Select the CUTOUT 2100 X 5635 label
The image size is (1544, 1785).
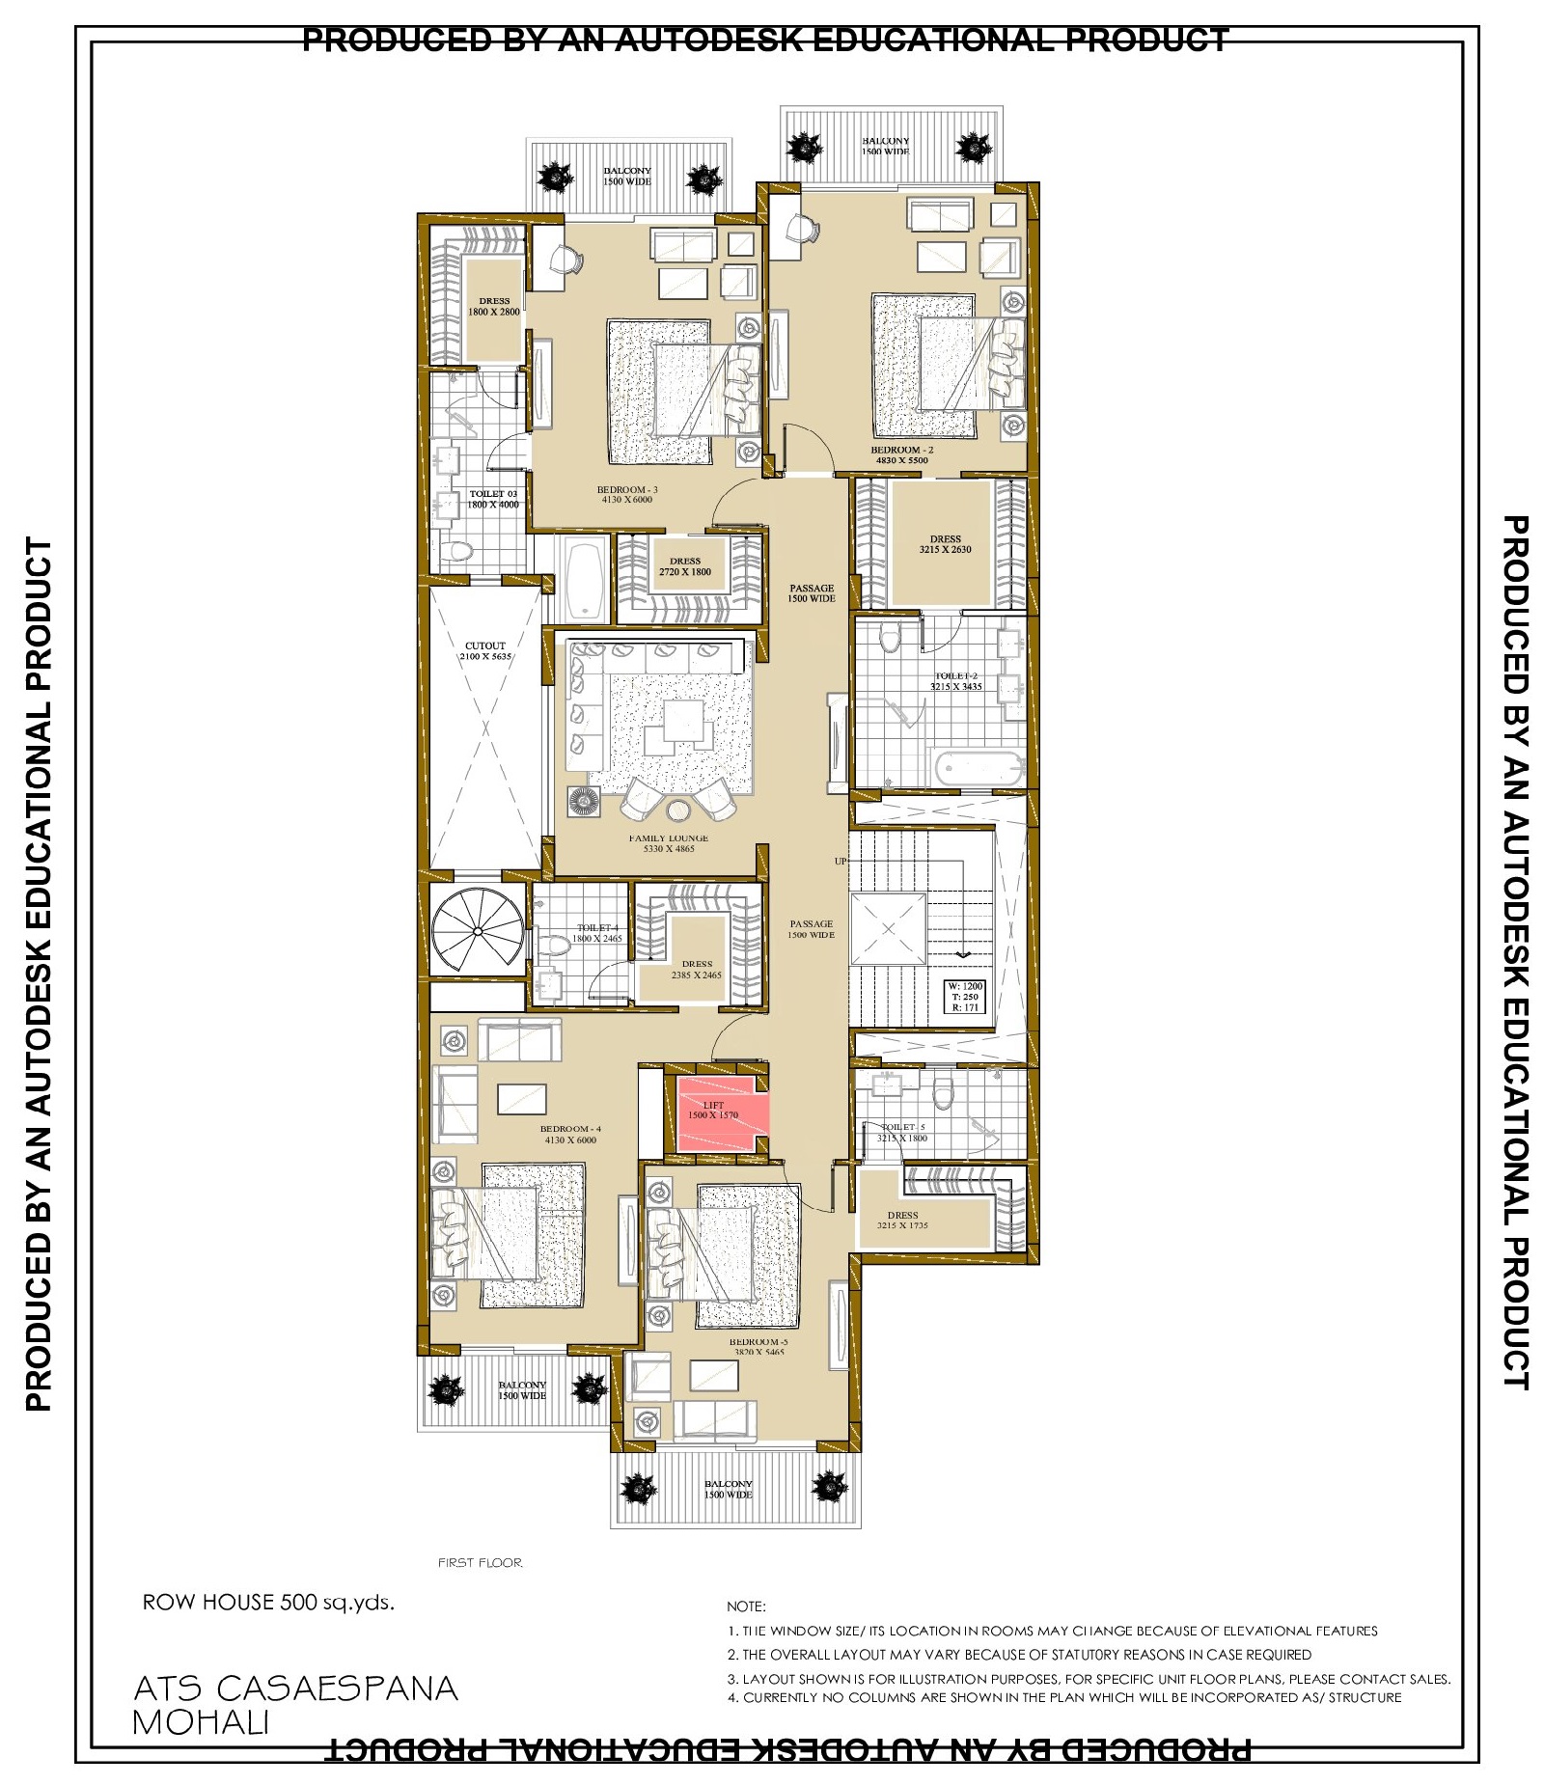(x=485, y=651)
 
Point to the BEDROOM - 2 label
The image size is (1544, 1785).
(x=901, y=454)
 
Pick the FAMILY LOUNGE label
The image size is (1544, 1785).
(x=669, y=843)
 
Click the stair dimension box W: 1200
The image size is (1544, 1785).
(x=965, y=997)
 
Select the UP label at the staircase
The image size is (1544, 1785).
(x=841, y=861)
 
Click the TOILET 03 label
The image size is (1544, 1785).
(x=493, y=499)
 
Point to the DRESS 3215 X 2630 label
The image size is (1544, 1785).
(x=945, y=544)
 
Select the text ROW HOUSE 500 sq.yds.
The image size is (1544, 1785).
(x=268, y=1603)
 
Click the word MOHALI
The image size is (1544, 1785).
(x=201, y=1723)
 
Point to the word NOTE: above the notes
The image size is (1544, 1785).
(x=746, y=1606)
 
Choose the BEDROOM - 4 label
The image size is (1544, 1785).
(x=570, y=1134)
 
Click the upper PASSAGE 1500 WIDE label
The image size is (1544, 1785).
(x=812, y=592)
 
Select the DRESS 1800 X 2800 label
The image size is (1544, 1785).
(x=494, y=306)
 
